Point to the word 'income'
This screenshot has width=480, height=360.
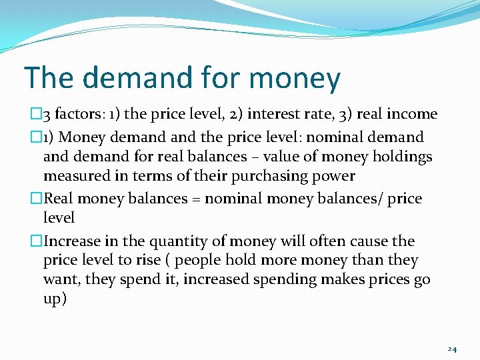pos(412,114)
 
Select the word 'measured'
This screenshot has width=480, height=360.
pos(73,177)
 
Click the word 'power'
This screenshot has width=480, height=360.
pos(335,177)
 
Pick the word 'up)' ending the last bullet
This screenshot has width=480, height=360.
pos(55,299)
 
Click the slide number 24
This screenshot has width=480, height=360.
pos(452,349)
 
